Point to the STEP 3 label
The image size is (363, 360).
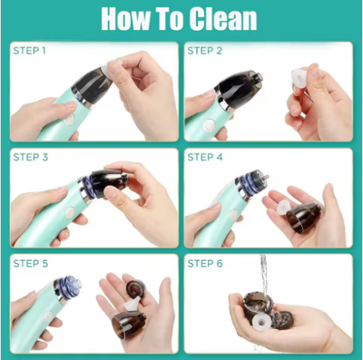[31, 157]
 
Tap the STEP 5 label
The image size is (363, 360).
[31, 262]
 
